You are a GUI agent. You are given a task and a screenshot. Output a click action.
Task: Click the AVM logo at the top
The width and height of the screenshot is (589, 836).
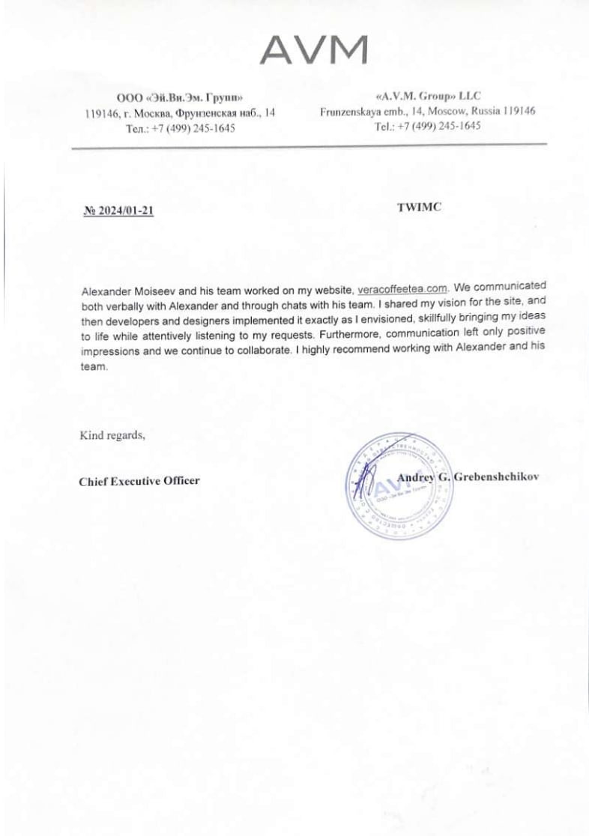(x=313, y=50)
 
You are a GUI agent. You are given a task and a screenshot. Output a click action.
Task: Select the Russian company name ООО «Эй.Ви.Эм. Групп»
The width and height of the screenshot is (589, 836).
(x=180, y=97)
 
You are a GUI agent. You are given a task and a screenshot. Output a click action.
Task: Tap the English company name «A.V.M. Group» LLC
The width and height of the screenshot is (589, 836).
(x=427, y=96)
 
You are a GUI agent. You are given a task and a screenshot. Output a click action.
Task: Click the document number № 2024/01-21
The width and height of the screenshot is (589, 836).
(x=118, y=211)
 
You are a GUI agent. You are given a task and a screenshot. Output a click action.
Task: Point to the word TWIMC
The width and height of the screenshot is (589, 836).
(x=419, y=208)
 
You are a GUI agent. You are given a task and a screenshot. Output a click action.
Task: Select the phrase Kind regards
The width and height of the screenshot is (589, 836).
(x=112, y=434)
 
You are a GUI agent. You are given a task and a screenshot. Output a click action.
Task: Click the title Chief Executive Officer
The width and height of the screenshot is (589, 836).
(x=139, y=480)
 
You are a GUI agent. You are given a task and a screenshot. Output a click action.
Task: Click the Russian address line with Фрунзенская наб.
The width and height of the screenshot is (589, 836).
(x=180, y=113)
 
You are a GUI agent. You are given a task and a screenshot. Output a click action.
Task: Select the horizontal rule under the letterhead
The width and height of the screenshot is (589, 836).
(x=309, y=146)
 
